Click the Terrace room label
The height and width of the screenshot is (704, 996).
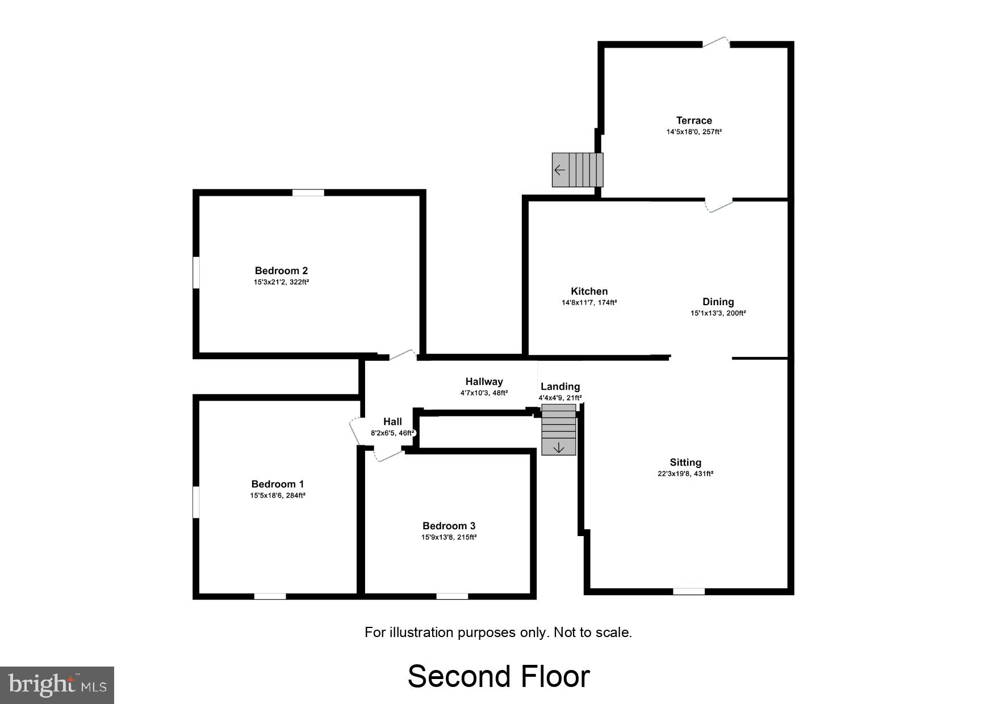[x=693, y=120]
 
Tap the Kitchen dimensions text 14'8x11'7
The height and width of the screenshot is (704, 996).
[x=589, y=303]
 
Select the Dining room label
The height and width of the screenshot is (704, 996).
[x=718, y=302]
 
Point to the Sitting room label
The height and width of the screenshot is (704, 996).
[x=685, y=462]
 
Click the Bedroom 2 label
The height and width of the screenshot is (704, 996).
[x=281, y=271]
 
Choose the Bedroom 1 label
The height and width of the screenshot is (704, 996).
[x=277, y=484]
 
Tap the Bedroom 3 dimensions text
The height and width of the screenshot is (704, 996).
[x=449, y=537]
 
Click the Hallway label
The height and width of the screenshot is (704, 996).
[x=484, y=382]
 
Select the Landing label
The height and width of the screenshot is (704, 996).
[x=560, y=386]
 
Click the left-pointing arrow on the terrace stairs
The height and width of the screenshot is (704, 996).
[x=559, y=170]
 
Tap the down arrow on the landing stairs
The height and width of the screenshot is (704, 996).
[x=559, y=448]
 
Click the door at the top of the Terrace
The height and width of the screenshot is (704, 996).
[x=716, y=43]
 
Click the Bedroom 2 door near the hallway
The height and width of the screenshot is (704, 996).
[x=403, y=355]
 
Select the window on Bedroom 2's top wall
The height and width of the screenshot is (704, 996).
[x=308, y=193]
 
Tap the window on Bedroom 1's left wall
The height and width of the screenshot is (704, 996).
[x=196, y=501]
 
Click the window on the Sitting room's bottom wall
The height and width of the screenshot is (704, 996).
[x=688, y=591]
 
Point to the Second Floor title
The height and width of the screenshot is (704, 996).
[x=499, y=676]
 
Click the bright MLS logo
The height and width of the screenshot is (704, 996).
[x=57, y=685]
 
